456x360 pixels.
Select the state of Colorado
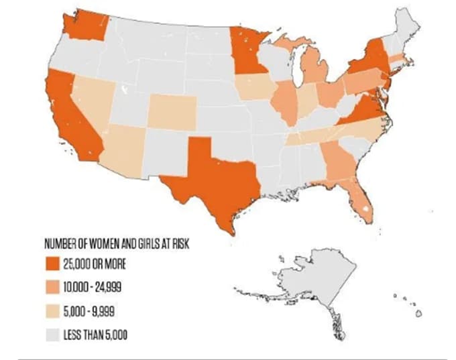tap(171, 111)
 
